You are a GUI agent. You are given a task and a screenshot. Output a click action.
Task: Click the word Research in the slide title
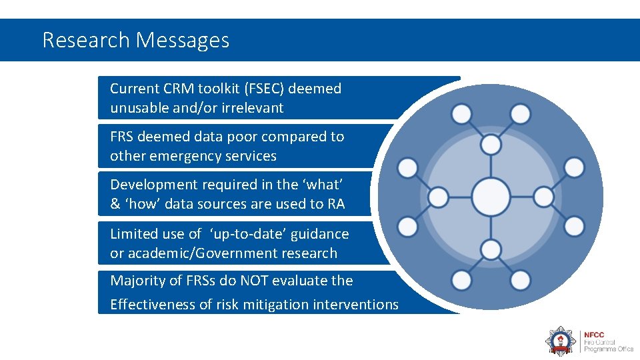point(85,41)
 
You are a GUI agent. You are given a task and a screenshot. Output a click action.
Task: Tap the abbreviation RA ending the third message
point(337,204)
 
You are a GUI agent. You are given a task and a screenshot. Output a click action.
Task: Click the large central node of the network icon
point(491,197)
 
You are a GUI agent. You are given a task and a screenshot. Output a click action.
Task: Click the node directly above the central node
point(491,143)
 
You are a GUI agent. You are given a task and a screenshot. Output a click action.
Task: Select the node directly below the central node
point(491,250)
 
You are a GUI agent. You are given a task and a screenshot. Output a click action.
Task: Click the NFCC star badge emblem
point(560,340)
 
